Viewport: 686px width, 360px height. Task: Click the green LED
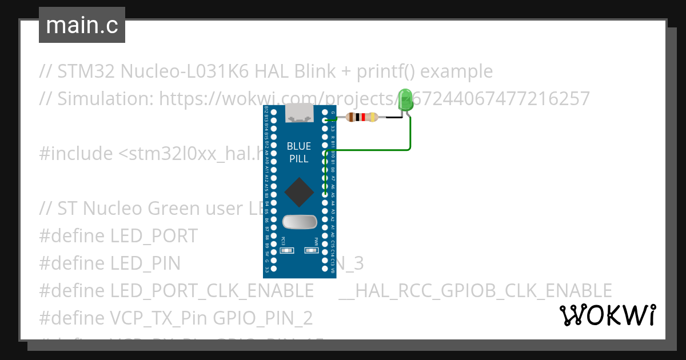[405, 101]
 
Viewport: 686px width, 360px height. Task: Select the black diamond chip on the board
[298, 192]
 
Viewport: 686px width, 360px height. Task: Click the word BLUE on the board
[299, 146]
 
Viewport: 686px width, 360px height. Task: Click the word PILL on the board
[299, 159]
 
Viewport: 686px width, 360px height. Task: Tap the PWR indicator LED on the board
[312, 250]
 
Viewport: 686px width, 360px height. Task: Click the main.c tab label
[82, 25]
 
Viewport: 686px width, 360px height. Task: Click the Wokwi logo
[607, 315]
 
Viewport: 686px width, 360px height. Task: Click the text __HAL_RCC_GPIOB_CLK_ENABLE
[475, 291]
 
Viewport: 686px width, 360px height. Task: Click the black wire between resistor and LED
[394, 117]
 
